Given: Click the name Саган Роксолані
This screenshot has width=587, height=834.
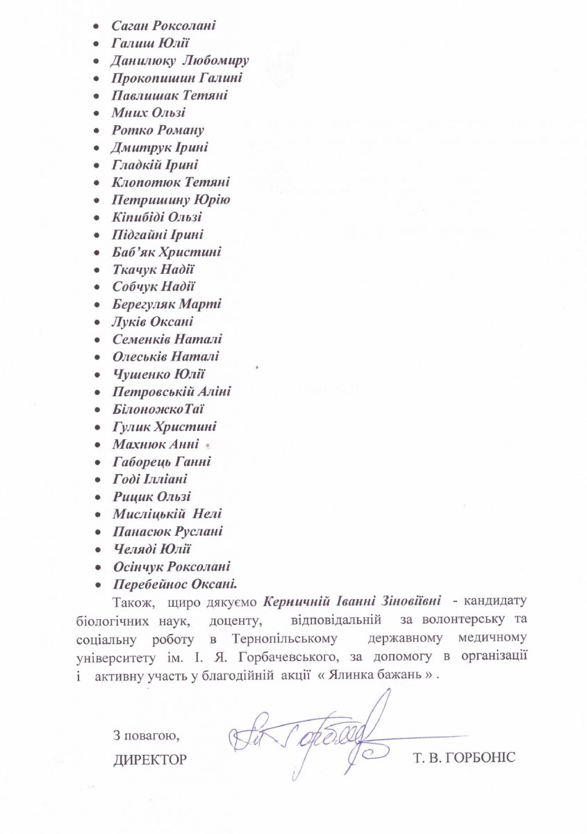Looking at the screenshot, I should coord(163,26).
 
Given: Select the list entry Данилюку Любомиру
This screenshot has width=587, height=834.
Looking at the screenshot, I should coord(180,60).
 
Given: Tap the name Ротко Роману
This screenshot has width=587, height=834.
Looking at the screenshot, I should coord(158,130).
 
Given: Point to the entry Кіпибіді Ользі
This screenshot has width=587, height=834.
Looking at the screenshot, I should coord(157,218).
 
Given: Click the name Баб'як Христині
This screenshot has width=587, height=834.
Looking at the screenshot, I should coord(167,252).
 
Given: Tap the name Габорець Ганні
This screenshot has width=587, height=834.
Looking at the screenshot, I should coord(161,461).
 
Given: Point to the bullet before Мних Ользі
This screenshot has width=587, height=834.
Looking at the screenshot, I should coord(99,113).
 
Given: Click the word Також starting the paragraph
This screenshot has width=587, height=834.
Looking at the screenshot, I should coord(130,599).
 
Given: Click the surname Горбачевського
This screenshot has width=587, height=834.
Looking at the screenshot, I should coord(361,655).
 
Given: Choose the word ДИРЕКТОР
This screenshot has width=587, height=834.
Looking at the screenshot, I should coord(149,759).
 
